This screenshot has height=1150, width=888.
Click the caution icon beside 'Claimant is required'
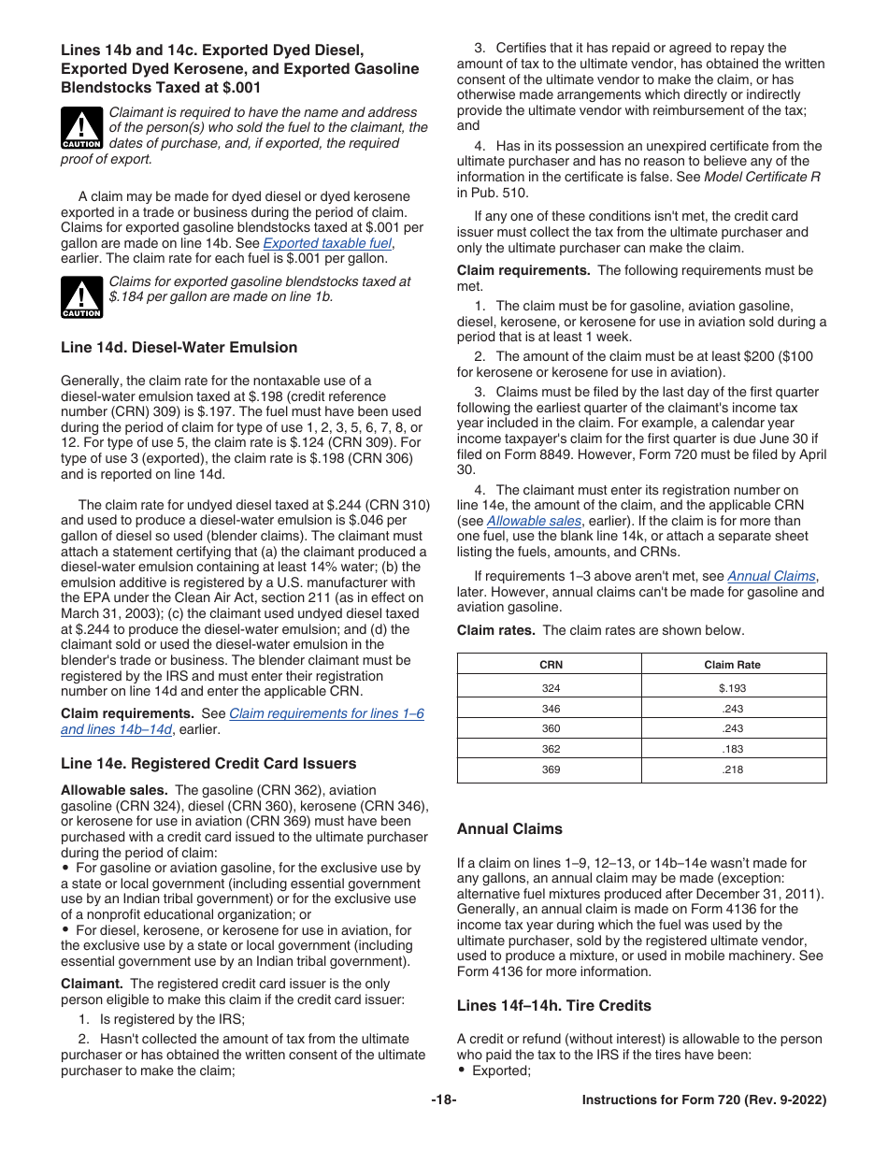81,129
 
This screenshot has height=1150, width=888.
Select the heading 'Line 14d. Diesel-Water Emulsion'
179,348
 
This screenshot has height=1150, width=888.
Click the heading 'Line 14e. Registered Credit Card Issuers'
208,764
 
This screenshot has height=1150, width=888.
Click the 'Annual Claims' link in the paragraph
771,577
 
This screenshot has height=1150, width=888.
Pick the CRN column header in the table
551,665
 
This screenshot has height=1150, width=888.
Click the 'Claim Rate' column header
732,665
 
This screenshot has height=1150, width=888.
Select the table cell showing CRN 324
551,687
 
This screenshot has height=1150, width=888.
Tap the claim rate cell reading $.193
732,687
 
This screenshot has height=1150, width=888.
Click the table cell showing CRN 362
551,749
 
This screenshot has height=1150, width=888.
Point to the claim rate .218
732,769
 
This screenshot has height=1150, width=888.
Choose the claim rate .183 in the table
732,749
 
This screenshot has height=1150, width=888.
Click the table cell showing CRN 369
551,769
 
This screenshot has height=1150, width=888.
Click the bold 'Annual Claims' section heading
509,829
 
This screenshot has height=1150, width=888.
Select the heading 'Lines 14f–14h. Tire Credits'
553,1006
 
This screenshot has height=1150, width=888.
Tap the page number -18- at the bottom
443,1100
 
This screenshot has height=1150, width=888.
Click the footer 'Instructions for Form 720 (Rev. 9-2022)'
704,1100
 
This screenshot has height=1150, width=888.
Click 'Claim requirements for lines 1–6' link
326,713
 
